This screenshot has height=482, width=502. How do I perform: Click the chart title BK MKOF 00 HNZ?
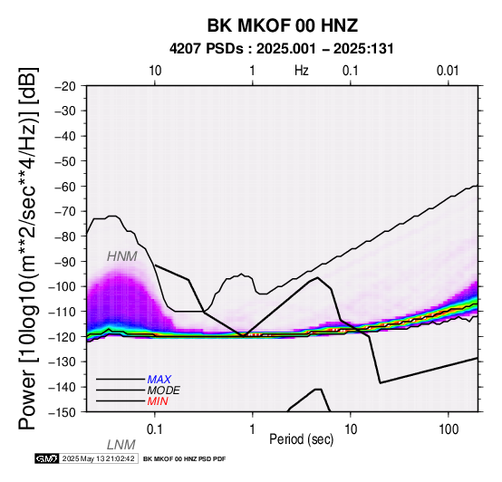click(283, 25)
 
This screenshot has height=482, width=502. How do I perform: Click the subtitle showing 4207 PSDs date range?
click(282, 49)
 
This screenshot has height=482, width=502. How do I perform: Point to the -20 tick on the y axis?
click(65, 86)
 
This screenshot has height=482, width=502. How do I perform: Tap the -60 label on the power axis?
click(65, 187)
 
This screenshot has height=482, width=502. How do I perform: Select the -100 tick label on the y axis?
click(62, 286)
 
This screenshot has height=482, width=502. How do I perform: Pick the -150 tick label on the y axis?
click(62, 412)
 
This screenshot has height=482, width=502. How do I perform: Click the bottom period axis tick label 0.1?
click(155, 429)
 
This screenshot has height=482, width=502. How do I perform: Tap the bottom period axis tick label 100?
click(449, 429)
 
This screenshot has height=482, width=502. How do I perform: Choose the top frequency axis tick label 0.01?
click(448, 71)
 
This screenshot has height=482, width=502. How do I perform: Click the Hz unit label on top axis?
click(302, 71)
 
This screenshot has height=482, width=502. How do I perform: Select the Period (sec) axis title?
click(301, 439)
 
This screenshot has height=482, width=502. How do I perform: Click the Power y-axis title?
click(28, 248)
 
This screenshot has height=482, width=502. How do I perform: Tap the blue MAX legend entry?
click(159, 380)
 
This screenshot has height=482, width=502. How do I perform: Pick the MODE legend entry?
click(164, 390)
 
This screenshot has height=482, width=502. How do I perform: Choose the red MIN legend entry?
click(158, 401)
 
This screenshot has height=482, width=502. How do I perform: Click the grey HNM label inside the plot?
click(122, 256)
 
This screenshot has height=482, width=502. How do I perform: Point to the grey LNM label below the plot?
click(121, 445)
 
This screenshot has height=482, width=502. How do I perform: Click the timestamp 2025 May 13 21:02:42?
click(98, 458)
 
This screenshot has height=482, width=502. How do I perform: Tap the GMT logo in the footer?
click(47, 458)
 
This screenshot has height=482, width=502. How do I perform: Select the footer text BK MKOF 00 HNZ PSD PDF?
click(185, 459)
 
